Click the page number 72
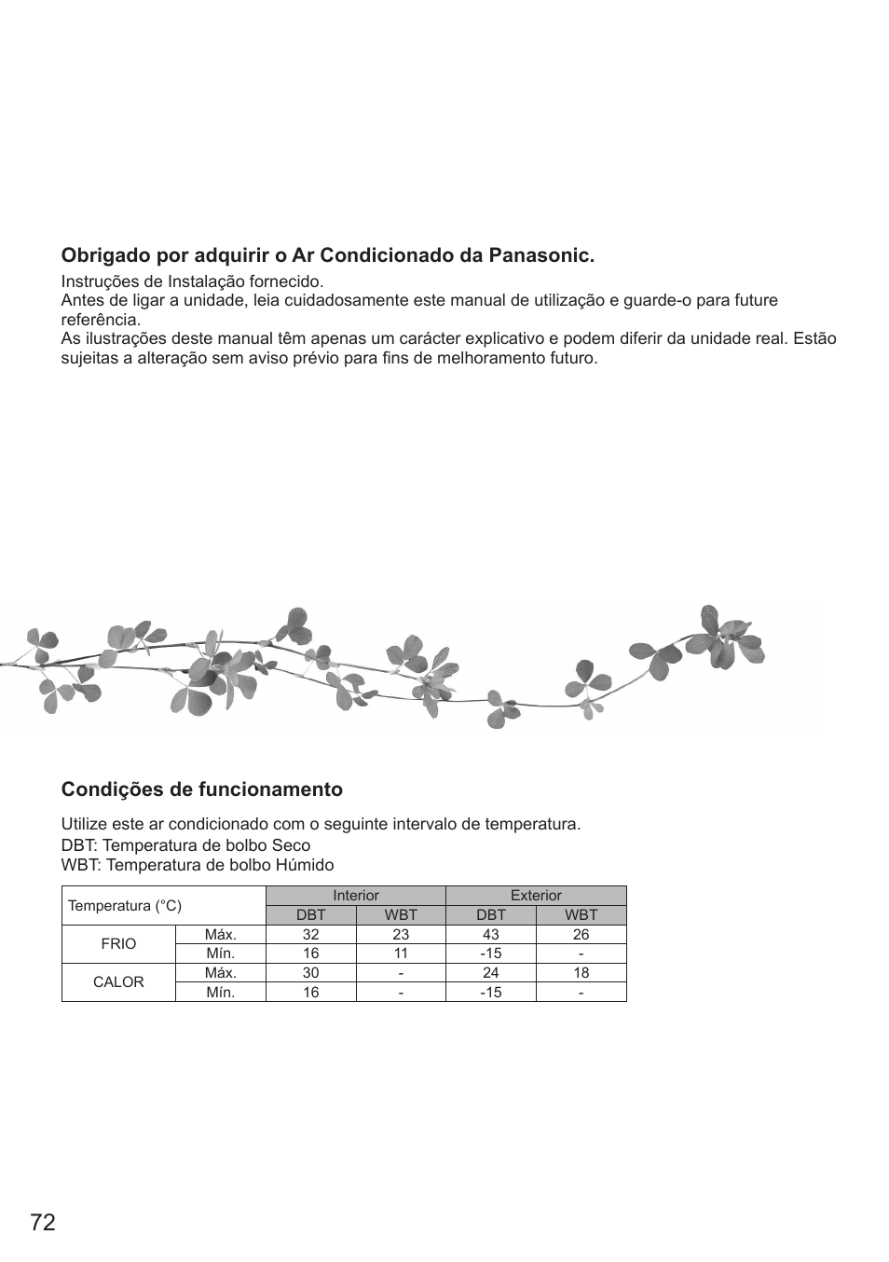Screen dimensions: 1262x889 (x=43, y=1223)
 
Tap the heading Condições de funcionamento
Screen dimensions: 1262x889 (x=202, y=789)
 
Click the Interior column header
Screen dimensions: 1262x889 (x=356, y=896)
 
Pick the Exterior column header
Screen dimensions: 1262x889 (x=536, y=896)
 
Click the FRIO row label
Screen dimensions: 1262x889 (x=118, y=944)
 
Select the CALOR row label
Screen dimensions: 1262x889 (x=118, y=982)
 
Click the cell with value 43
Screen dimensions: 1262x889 (x=491, y=935)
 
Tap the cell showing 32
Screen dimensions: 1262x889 (x=311, y=935)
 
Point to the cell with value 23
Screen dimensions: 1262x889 (x=401, y=935)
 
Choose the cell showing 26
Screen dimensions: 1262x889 (x=581, y=935)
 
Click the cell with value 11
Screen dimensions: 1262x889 (x=401, y=953)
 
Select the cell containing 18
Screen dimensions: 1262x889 (x=581, y=973)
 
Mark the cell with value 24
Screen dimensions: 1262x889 (x=491, y=973)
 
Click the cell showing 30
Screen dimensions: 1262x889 (x=311, y=973)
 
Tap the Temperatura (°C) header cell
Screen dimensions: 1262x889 (x=125, y=906)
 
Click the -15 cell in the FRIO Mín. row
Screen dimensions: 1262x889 (x=491, y=953)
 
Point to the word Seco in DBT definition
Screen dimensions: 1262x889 (x=291, y=846)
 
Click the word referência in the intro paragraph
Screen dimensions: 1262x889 (x=100, y=320)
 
